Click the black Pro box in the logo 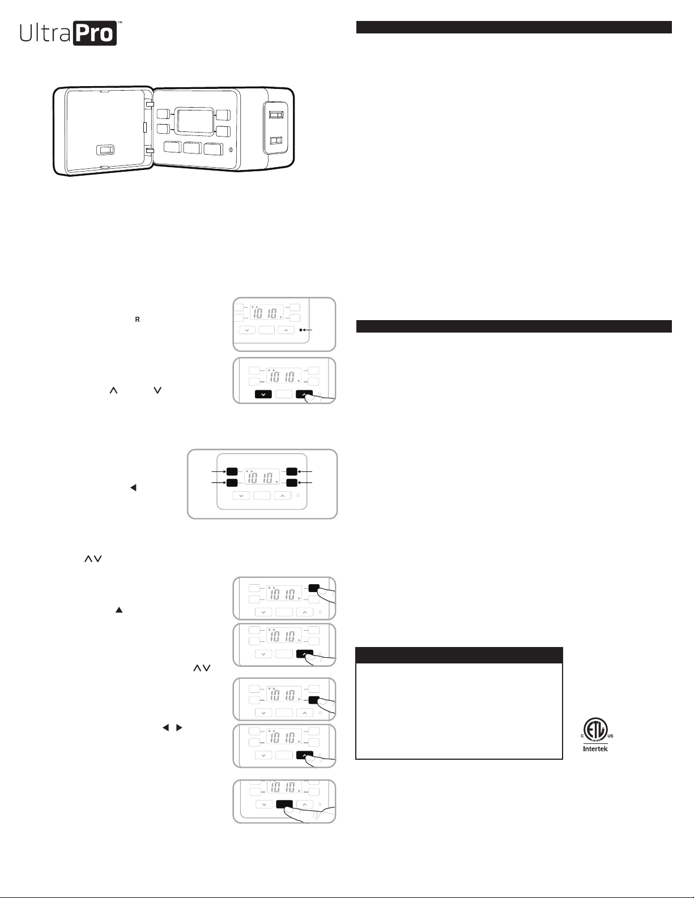95,33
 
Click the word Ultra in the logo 45,33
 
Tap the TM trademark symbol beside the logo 120,22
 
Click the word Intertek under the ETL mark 595,749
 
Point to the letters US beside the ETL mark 611,736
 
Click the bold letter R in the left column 138,320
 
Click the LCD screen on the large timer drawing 195,121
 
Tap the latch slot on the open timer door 105,150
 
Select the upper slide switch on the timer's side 276,114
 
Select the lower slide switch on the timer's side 276,141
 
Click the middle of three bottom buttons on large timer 192,148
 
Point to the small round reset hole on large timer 231,150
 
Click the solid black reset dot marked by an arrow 301,330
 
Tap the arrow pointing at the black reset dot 308,330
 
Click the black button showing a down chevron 263,394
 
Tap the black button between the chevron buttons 284,804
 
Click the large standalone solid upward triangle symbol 119,610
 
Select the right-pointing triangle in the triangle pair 179,727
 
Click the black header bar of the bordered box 459,655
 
